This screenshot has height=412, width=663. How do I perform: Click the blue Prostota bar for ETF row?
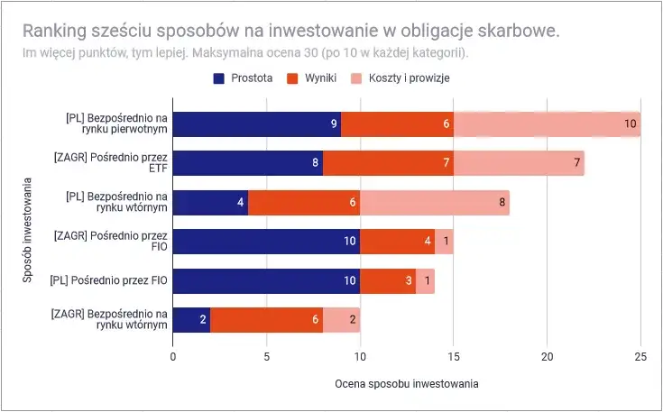click(247, 163)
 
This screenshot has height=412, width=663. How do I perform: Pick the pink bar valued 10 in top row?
click(547, 124)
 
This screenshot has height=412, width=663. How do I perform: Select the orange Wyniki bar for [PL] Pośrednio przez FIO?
click(388, 281)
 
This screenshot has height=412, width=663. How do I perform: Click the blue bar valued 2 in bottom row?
click(191, 320)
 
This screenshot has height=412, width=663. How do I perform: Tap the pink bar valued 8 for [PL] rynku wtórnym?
click(435, 203)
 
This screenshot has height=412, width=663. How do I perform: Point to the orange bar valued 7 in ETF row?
click(388, 163)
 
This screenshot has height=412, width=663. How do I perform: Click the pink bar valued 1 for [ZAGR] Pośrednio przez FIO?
click(444, 242)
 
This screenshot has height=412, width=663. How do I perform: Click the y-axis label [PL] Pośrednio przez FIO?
click(108, 281)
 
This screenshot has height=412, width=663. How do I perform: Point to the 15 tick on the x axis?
click(453, 356)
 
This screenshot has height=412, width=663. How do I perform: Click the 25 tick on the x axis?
click(640, 356)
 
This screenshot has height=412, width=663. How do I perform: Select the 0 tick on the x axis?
click(173, 356)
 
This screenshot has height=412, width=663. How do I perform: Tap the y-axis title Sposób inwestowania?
click(28, 227)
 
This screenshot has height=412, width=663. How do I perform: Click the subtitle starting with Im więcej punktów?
click(245, 52)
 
